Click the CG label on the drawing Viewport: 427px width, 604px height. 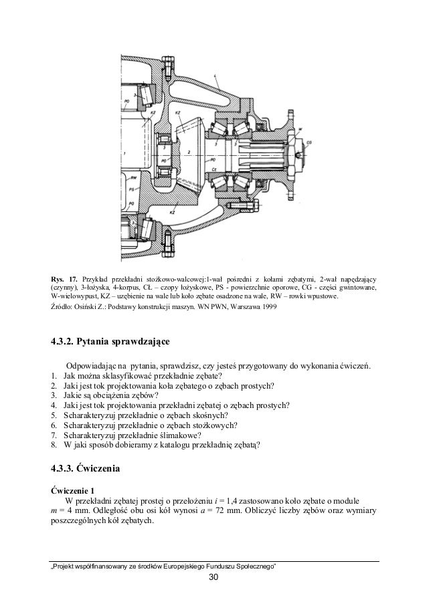point(309,142)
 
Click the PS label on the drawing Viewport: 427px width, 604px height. point(133,189)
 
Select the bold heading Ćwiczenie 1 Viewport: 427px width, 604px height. point(73,488)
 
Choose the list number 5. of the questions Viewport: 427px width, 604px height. point(54,415)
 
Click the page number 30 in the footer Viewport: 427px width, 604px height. point(213,577)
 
